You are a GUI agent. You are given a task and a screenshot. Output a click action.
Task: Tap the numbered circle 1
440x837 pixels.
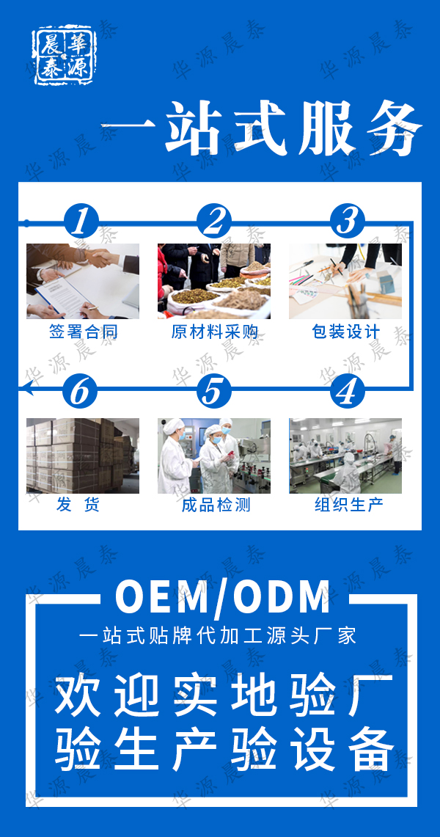click(x=81, y=220)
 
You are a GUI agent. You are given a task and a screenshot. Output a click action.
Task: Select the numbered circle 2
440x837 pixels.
click(x=214, y=220)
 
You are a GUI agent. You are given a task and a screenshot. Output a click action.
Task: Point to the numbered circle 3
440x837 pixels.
click(x=347, y=220)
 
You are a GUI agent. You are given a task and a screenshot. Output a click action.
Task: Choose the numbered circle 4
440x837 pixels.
click(x=347, y=392)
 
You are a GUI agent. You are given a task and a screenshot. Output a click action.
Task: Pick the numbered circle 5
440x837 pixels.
click(x=213, y=392)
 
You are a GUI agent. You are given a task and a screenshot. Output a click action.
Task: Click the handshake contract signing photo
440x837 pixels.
click(x=83, y=281)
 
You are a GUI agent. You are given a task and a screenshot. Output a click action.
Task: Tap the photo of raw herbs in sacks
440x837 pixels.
click(x=214, y=281)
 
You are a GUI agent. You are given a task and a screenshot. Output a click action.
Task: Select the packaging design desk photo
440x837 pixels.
click(x=345, y=281)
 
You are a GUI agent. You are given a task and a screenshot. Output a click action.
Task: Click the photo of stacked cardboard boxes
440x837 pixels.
click(x=83, y=456)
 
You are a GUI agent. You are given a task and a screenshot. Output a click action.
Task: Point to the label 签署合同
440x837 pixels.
click(x=83, y=332)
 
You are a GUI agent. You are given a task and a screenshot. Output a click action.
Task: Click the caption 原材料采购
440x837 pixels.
click(x=214, y=332)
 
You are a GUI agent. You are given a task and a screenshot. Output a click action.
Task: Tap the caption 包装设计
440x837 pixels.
click(x=345, y=332)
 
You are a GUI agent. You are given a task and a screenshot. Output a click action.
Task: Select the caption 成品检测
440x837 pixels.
click(x=214, y=505)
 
